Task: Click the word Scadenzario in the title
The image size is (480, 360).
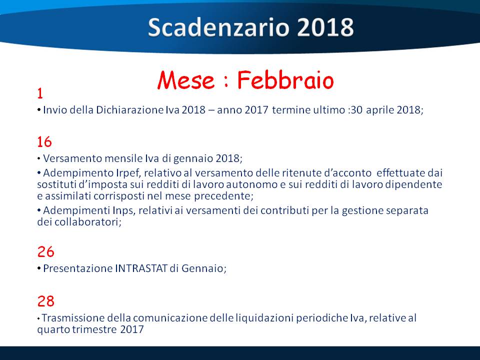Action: pos(218,27)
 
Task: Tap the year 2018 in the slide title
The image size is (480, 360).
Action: pos(325,27)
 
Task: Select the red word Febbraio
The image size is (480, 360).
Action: pos(285,80)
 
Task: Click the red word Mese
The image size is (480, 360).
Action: pos(186,80)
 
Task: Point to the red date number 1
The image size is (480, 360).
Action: pos(40,93)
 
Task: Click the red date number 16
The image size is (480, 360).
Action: pos(44,142)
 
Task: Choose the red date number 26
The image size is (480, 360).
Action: pos(46,252)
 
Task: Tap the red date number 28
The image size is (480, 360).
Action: pos(46,301)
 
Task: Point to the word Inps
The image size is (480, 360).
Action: pos(123,210)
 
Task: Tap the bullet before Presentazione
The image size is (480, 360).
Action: pos(39,268)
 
